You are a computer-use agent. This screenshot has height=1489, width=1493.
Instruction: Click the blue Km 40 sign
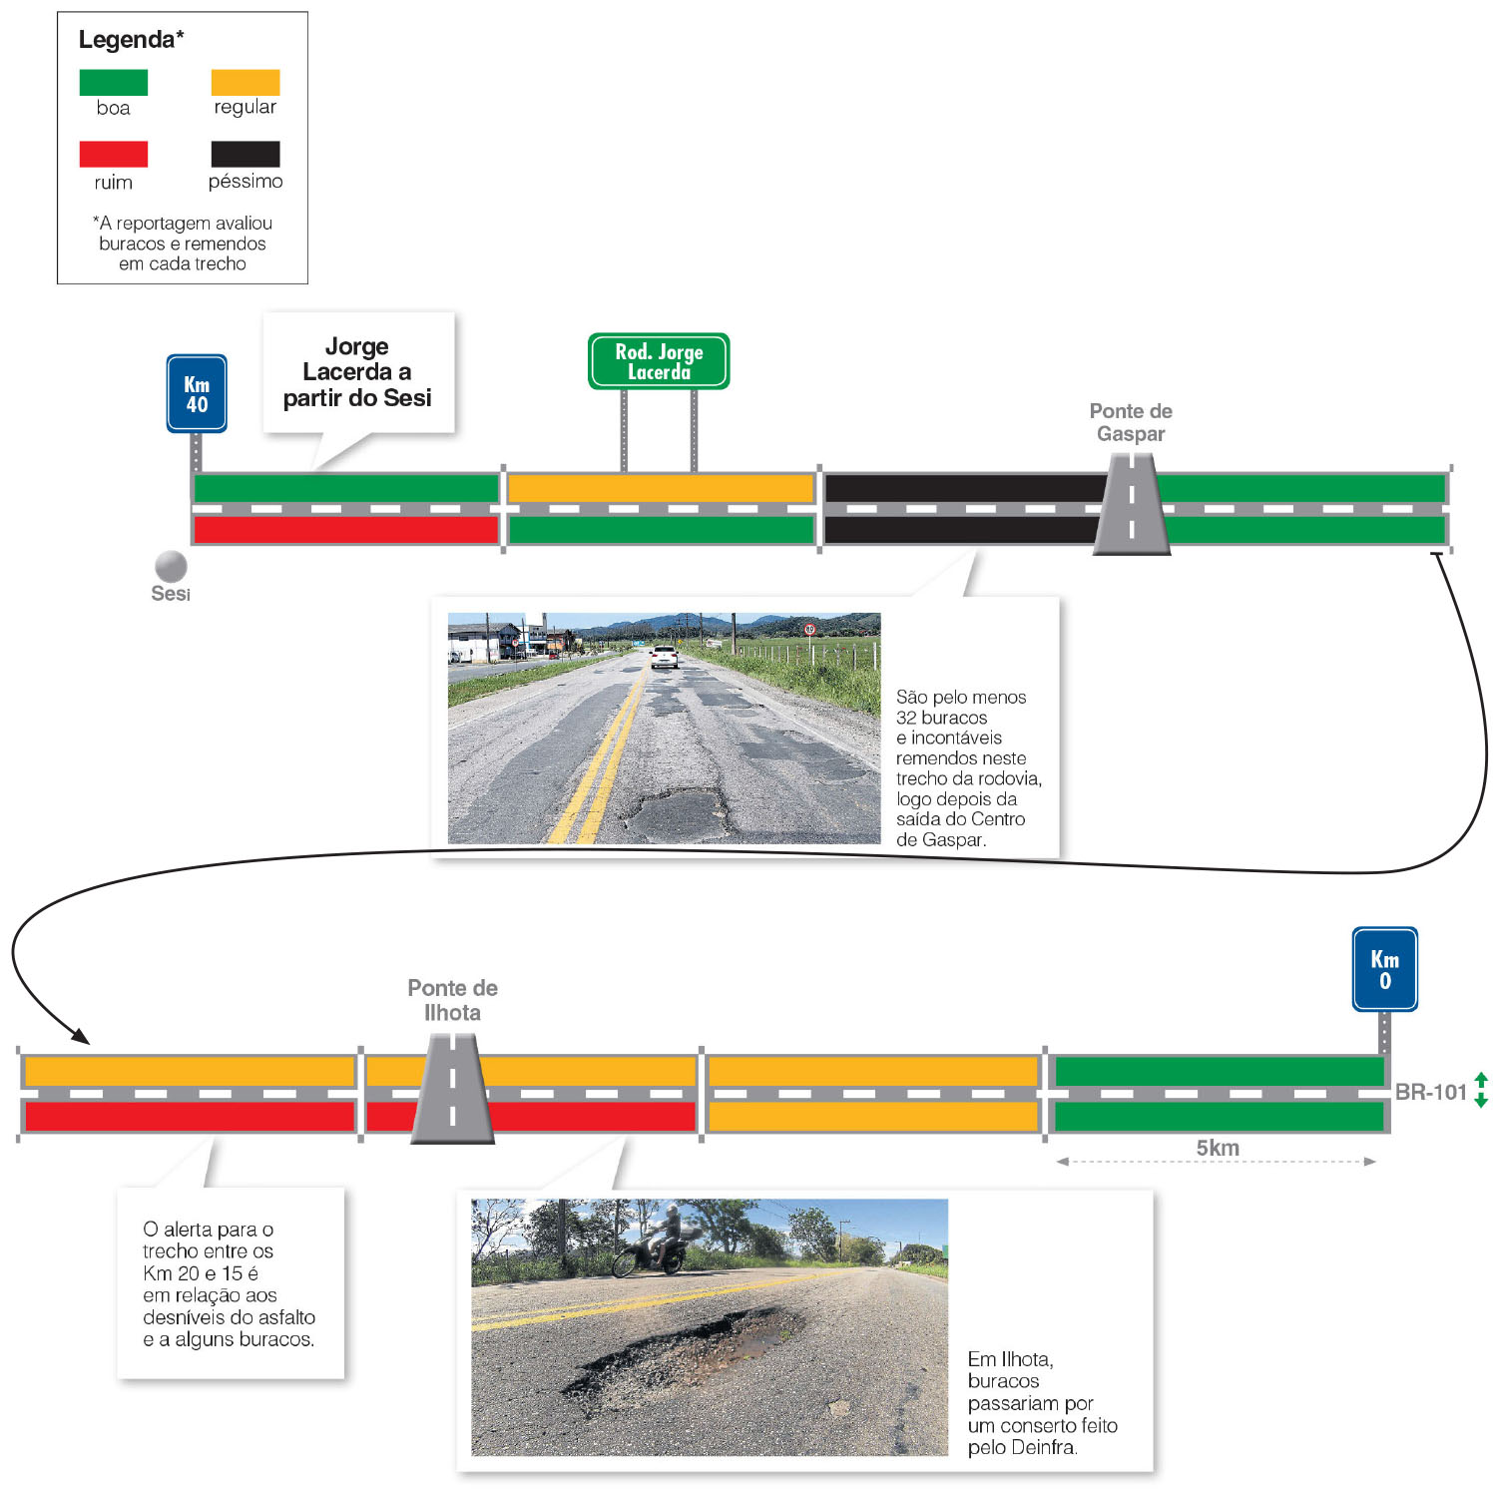197,394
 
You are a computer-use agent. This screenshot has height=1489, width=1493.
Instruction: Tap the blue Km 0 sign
1384,969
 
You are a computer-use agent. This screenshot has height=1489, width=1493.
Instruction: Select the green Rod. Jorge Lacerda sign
659,361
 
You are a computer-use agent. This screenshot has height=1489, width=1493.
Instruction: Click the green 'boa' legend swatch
113,83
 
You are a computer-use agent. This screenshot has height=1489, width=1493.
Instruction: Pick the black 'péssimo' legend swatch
246,154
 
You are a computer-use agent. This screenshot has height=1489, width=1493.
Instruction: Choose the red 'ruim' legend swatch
113,154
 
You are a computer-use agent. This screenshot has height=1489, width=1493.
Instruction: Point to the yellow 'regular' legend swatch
246,83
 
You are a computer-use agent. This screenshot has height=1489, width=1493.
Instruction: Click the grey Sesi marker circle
171,566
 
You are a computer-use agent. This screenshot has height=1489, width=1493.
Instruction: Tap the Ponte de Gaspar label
1130,422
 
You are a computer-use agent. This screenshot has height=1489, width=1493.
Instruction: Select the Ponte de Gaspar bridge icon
1131,505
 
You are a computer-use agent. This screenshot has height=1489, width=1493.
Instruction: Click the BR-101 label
1430,1092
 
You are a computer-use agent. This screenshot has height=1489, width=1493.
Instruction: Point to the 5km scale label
1218,1148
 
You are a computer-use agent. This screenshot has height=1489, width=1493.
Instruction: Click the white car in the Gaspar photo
664,656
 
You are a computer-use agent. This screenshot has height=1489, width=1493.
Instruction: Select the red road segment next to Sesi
345,529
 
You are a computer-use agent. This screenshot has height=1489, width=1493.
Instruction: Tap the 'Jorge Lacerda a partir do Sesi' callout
357,372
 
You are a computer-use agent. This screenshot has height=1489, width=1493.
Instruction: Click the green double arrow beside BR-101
1481,1090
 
